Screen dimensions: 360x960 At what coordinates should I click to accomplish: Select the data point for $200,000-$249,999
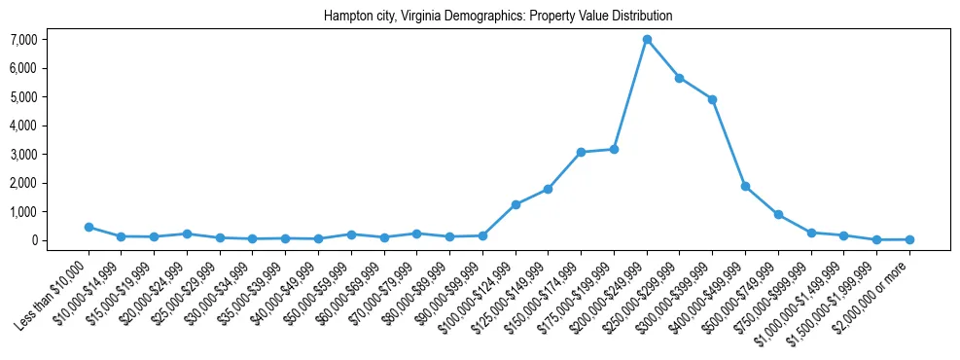[647, 40]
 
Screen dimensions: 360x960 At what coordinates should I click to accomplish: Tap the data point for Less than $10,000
[89, 227]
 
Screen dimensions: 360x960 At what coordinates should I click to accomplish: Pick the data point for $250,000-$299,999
[680, 78]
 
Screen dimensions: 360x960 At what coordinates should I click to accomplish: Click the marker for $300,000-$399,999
[713, 99]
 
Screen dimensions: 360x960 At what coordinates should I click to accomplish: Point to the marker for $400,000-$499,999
[745, 186]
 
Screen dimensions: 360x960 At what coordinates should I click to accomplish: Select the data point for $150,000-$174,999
[581, 152]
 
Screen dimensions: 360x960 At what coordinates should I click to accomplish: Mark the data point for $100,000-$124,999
[516, 204]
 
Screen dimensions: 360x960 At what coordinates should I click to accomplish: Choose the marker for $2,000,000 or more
[909, 239]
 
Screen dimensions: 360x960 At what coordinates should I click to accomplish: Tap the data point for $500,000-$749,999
[778, 214]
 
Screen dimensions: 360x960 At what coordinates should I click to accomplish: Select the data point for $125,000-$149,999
[549, 189]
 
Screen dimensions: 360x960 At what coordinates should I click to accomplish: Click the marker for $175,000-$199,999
[614, 149]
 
